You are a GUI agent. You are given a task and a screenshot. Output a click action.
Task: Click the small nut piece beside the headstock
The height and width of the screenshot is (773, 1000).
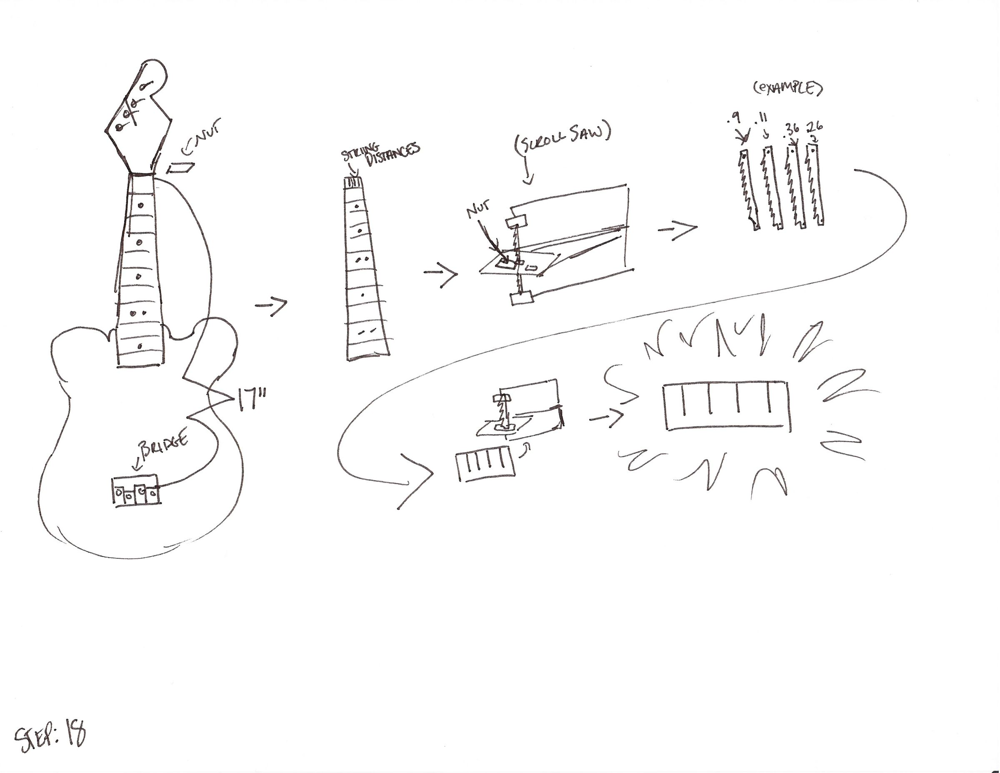181,168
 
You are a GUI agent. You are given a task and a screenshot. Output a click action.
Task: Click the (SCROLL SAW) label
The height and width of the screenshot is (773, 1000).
563,138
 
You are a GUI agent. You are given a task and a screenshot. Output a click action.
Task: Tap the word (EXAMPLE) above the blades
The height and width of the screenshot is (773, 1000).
787,88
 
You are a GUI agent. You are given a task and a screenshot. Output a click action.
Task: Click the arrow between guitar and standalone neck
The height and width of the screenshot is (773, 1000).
271,305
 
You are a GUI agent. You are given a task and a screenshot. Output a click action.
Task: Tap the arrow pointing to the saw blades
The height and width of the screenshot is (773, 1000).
677,229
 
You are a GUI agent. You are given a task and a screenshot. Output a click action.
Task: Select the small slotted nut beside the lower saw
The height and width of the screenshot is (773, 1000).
484,464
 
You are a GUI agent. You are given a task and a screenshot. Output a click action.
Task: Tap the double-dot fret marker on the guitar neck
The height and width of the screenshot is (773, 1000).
138,314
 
